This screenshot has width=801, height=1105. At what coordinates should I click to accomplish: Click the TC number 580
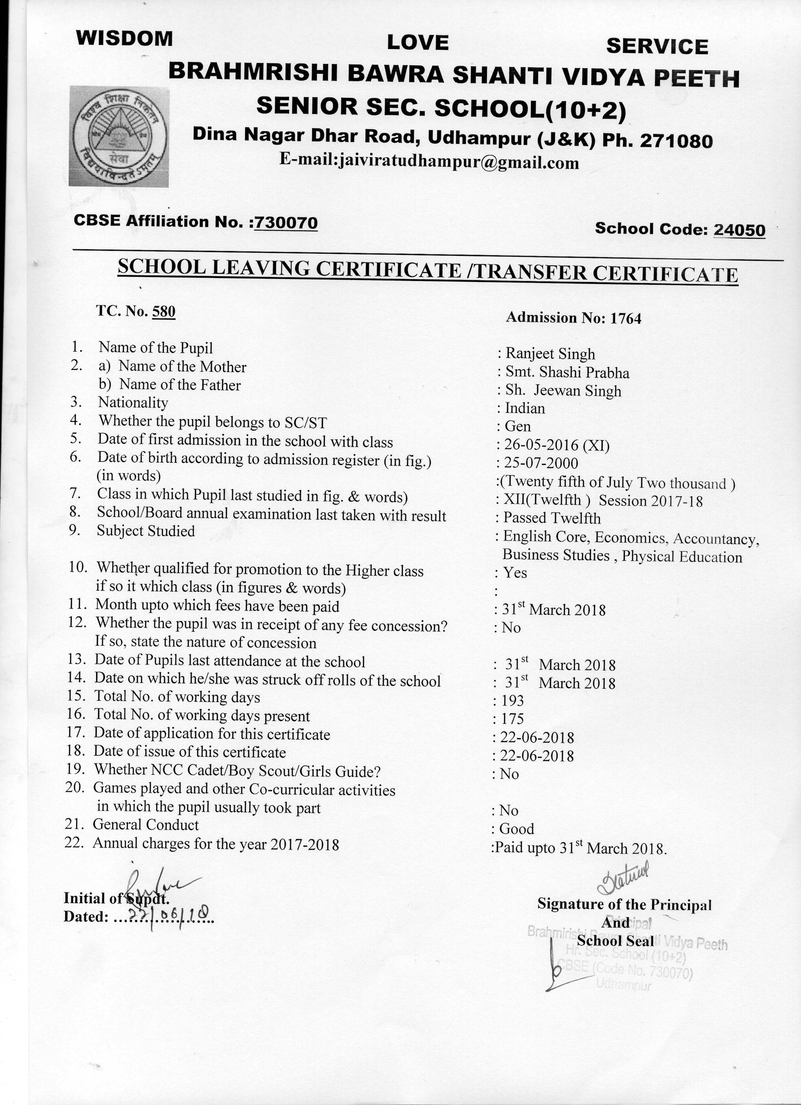tap(163, 311)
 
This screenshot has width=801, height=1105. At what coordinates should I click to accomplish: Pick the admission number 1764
tap(626, 319)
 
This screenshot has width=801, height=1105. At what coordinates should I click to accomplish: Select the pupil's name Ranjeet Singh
tap(550, 354)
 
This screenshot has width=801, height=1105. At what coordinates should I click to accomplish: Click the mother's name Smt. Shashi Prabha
tap(567, 373)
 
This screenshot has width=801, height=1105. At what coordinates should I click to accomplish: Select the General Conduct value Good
tap(517, 829)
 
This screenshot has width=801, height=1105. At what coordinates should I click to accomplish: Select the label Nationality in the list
tap(133, 402)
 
